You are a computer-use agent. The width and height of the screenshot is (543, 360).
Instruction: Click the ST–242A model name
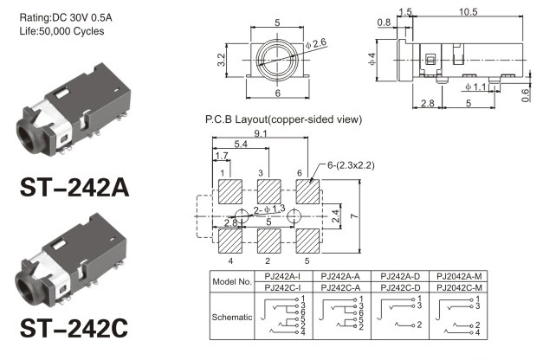coord(74,188)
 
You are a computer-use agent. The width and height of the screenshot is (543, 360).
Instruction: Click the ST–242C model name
coord(74,328)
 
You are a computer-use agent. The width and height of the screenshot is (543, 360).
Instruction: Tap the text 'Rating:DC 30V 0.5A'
coord(66,17)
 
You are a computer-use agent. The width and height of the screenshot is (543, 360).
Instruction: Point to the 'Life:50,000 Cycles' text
coord(61,31)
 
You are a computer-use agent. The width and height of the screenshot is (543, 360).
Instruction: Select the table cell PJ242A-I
coord(283,276)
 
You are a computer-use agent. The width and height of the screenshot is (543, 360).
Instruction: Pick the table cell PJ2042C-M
coord(459,287)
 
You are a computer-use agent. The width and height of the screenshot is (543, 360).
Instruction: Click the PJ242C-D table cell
coord(400,287)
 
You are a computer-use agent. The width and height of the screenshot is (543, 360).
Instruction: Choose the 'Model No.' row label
coord(232,282)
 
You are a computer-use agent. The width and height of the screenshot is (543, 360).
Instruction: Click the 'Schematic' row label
coord(232,317)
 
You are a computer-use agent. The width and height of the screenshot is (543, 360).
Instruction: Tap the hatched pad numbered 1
coord(230,191)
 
